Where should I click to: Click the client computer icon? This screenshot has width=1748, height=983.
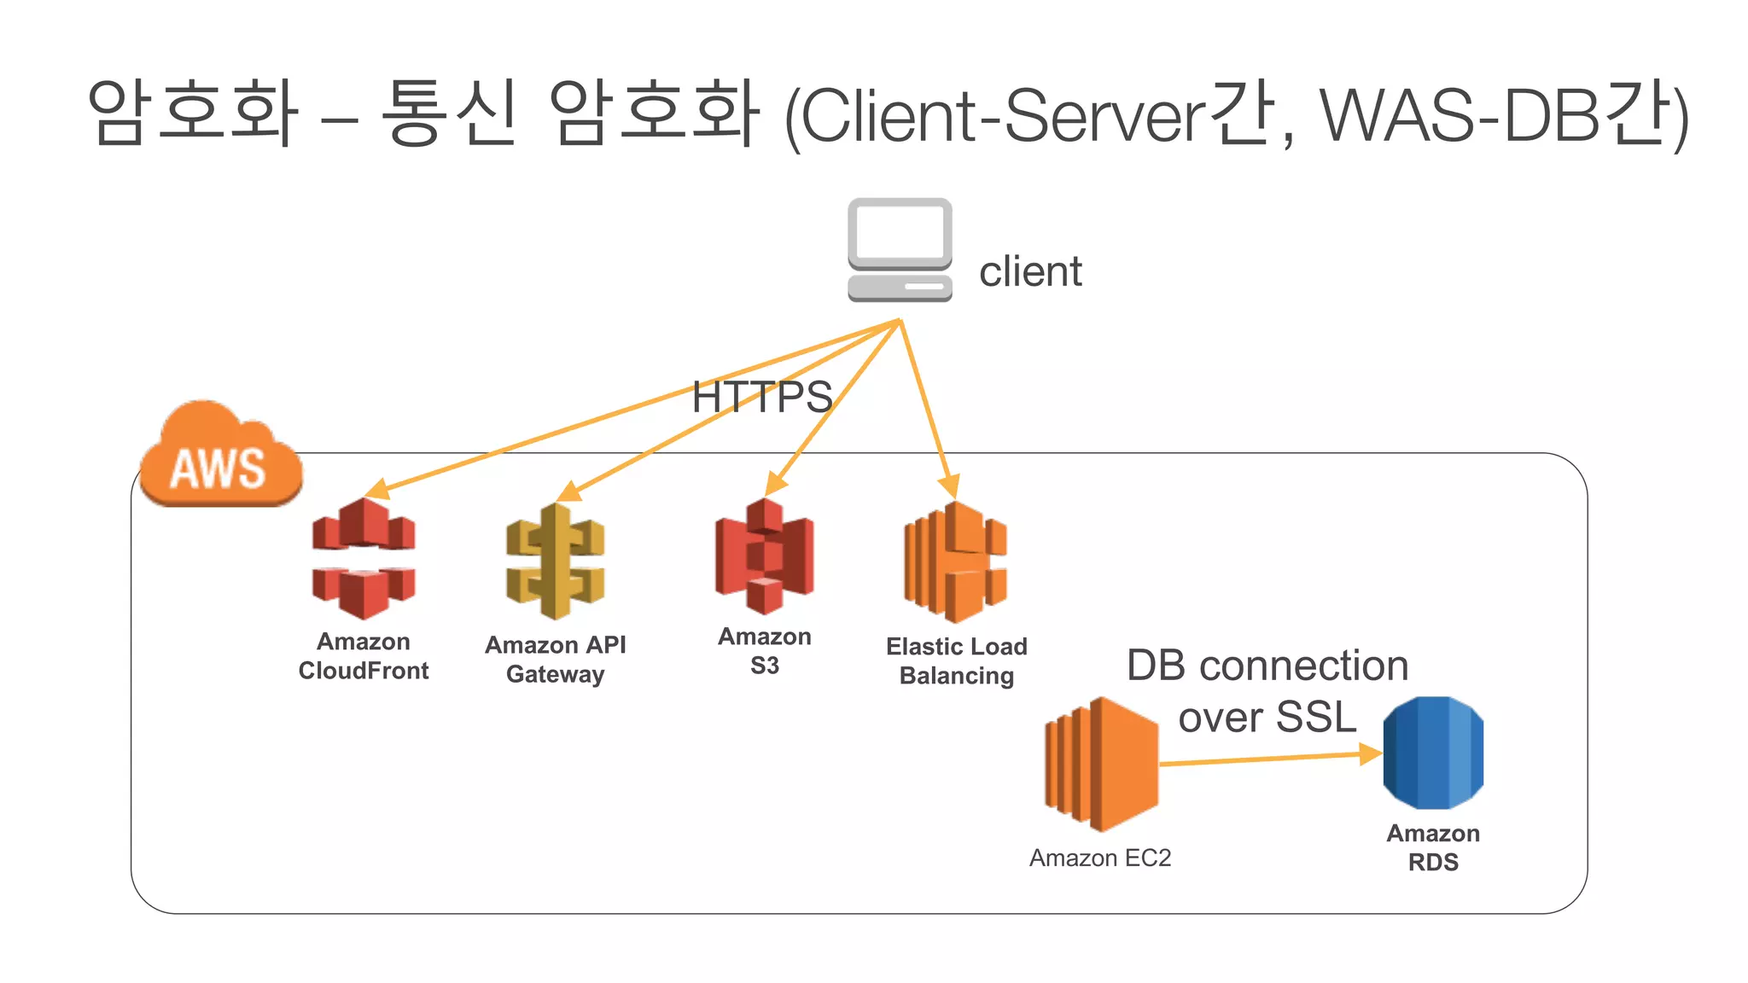[900, 249]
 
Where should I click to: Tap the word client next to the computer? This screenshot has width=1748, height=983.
[1030, 271]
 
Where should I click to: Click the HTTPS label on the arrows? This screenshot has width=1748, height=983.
[761, 397]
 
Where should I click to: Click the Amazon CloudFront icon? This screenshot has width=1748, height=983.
[364, 559]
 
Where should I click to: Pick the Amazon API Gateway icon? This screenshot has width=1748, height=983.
[555, 561]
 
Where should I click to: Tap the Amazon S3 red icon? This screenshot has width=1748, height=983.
[764, 556]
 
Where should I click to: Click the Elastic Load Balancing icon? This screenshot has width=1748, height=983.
[956, 561]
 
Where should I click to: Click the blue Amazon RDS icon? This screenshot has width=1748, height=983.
[1433, 753]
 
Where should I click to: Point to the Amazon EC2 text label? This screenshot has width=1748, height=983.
[1099, 858]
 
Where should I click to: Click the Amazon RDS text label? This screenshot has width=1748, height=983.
[1433, 847]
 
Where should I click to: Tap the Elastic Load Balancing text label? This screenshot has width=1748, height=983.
[956, 660]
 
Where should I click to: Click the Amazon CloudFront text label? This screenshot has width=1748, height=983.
[364, 656]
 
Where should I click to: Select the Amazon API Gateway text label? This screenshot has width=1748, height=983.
[555, 659]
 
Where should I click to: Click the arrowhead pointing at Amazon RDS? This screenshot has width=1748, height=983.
[1369, 753]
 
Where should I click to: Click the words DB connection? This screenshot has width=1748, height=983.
[1267, 666]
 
